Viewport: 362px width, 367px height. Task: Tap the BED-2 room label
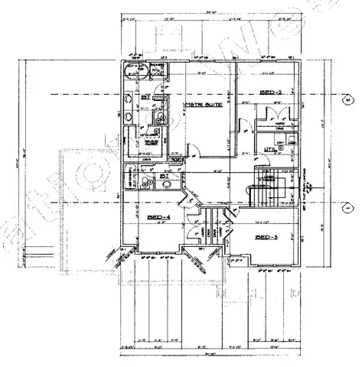click(272, 92)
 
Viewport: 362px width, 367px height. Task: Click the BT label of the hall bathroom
click(164, 177)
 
